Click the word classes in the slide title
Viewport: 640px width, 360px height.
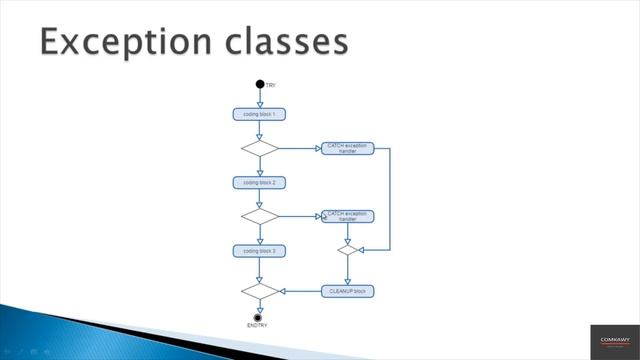tap(289, 42)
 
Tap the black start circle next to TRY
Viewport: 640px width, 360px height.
tap(260, 85)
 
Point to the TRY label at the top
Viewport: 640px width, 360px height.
tap(271, 86)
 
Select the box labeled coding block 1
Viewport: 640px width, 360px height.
tap(260, 114)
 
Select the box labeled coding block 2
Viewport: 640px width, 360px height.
tap(260, 182)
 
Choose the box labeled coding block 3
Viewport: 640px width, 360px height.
tap(260, 250)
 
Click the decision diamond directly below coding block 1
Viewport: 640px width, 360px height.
tap(260, 148)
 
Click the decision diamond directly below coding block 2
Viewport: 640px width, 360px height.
tap(260, 216)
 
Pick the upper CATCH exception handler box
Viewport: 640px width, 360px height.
tap(347, 148)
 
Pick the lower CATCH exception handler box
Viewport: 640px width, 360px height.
tap(347, 216)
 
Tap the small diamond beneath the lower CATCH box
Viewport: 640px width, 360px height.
tap(347, 250)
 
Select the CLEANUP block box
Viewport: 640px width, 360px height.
tap(347, 291)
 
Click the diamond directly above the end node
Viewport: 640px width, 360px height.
tap(260, 291)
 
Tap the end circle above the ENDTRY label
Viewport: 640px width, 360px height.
tap(260, 317)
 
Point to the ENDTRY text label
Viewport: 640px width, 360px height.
tap(258, 326)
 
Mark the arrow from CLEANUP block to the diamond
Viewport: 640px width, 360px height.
tap(300, 291)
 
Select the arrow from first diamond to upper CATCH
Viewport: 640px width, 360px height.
tap(300, 148)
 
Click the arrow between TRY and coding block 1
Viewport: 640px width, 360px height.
tap(260, 98)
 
